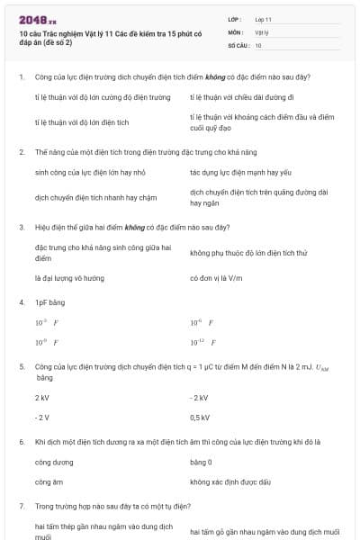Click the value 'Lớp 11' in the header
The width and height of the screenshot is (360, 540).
[x=264, y=18]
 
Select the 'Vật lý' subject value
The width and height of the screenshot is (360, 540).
[x=262, y=31]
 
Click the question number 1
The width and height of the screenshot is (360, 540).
[x=22, y=77]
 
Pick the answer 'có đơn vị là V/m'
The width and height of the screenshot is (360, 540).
[x=217, y=278]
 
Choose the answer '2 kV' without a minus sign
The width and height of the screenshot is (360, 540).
[x=42, y=397]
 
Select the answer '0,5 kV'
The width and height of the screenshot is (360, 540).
[x=200, y=418]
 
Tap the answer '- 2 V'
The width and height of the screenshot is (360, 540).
[x=42, y=418]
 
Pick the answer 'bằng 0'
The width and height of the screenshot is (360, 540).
[x=201, y=462]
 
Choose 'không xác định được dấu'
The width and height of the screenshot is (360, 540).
[x=230, y=482]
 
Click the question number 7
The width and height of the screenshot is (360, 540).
[x=22, y=507]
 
